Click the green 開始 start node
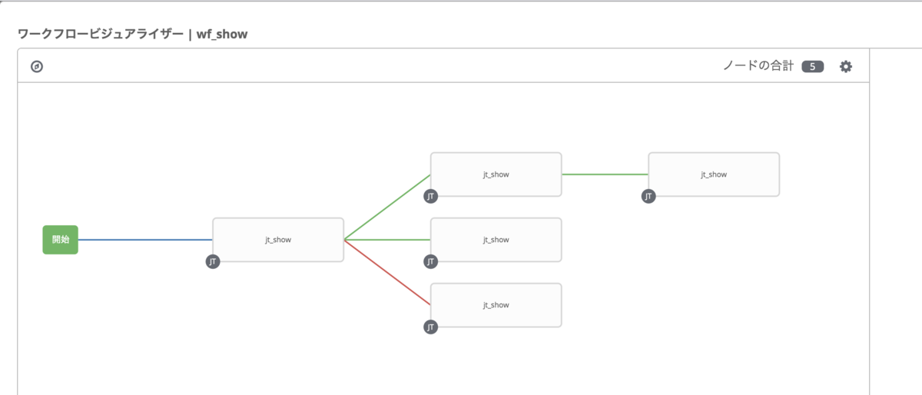(x=60, y=240)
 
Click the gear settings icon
(x=846, y=66)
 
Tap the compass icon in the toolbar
(x=37, y=66)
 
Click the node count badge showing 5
(x=813, y=67)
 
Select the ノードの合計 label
(x=758, y=66)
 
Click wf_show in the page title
(x=222, y=34)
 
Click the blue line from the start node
(x=145, y=240)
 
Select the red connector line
(x=387, y=272)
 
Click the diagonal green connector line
(x=387, y=207)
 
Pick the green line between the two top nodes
(x=605, y=174)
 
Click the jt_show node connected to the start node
(x=278, y=240)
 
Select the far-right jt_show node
(x=714, y=174)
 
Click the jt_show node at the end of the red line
(x=496, y=305)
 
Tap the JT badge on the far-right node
(x=648, y=197)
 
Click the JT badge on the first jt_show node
(x=213, y=261)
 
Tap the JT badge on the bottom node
(x=430, y=327)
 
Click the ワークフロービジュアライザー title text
(x=101, y=34)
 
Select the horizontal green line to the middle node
(x=387, y=240)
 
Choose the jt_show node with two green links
(x=496, y=174)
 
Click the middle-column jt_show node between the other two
(x=496, y=240)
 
